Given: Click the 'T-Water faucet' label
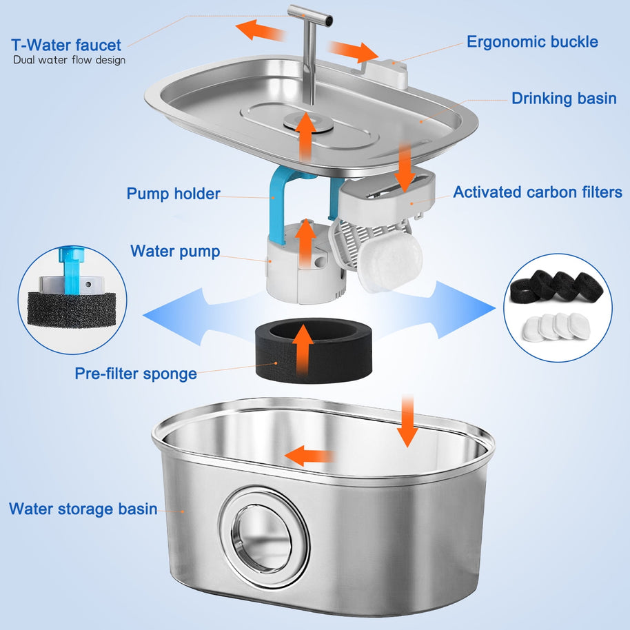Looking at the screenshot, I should [x=66, y=45].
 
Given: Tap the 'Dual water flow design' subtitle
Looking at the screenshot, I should [x=69, y=60].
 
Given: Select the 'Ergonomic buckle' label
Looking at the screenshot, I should [x=532, y=41].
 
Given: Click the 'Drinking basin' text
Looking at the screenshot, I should [x=564, y=99].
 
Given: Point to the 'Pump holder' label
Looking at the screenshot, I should [x=173, y=194].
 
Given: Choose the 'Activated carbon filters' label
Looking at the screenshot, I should [x=537, y=192].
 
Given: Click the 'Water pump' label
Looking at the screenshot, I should [x=175, y=252].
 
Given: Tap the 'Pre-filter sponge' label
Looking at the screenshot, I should [x=136, y=374].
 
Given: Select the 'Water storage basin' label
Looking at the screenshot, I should [x=83, y=509].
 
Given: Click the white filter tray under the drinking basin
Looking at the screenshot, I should [x=386, y=192].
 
